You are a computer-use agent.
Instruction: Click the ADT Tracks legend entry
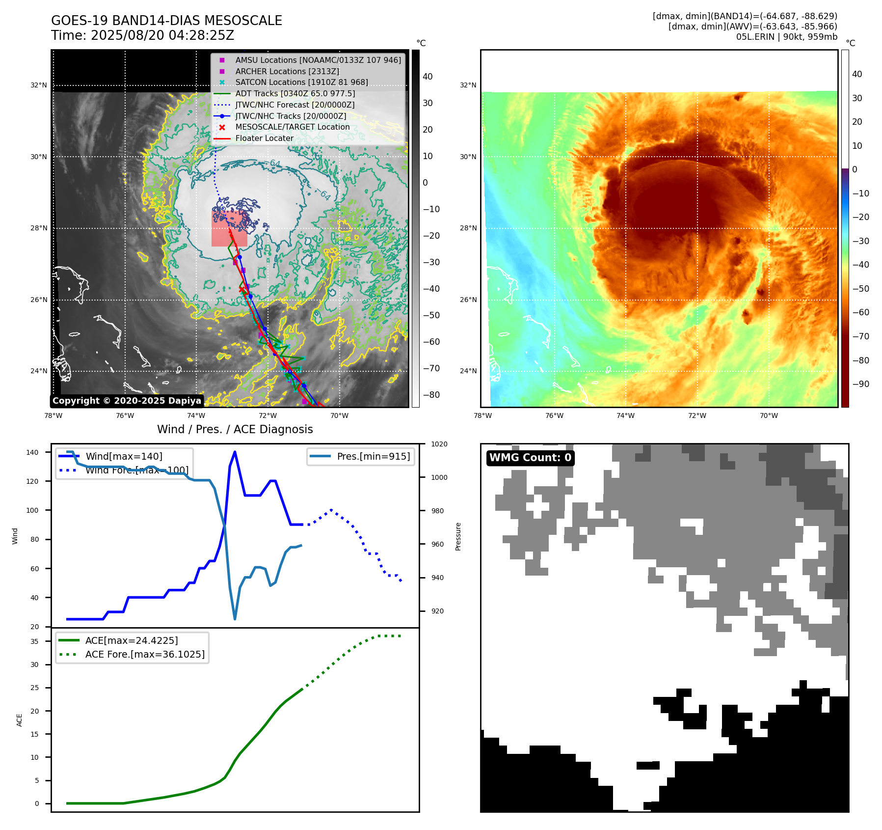(294, 93)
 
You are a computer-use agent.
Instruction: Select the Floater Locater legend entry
(264, 138)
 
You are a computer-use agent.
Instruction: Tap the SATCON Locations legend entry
(301, 82)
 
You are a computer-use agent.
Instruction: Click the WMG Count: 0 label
(530, 458)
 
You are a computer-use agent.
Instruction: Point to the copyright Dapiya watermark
(127, 401)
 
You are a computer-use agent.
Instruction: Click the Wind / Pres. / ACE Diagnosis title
(235, 429)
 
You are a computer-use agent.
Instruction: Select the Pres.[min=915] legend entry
(373, 456)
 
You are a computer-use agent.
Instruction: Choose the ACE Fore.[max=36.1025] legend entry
(144, 654)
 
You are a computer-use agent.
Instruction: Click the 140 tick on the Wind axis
(32, 452)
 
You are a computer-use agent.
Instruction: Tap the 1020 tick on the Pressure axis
(439, 444)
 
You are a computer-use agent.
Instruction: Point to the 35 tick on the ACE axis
(34, 641)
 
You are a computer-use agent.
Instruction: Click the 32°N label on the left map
(39, 85)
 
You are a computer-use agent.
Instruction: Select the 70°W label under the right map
(769, 415)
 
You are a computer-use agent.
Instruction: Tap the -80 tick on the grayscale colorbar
(431, 395)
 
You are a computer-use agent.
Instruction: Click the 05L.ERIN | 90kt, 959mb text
(786, 37)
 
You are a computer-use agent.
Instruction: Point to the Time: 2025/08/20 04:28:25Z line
(142, 35)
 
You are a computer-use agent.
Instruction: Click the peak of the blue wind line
(235, 452)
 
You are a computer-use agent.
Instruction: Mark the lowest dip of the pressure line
(235, 619)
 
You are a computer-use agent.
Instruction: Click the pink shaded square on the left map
(229, 229)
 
